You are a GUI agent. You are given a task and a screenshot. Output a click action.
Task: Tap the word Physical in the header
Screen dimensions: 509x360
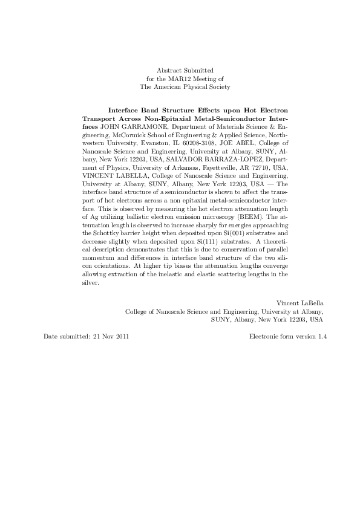coord(197,87)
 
